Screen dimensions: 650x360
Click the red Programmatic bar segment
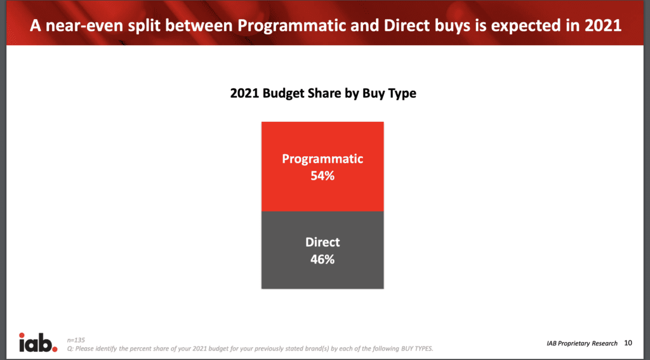click(322, 166)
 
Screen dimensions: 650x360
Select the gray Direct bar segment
click(322, 250)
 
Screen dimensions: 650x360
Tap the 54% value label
click(322, 176)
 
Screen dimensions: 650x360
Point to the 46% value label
click(322, 260)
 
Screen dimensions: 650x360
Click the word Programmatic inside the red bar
click(322, 159)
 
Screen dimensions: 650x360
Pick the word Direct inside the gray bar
click(322, 242)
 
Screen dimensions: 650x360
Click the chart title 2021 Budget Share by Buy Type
click(323, 93)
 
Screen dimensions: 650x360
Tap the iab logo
click(37, 343)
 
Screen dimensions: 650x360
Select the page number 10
click(628, 343)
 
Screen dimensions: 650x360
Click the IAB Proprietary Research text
click(582, 343)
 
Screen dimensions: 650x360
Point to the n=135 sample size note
click(76, 340)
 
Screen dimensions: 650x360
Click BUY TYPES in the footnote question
click(417, 349)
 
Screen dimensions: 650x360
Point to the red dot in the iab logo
click(55, 348)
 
